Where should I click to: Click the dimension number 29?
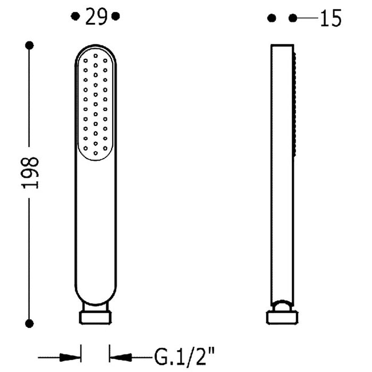[96, 16]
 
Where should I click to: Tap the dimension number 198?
[30, 173]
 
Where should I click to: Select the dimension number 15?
[331, 18]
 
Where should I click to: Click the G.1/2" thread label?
[184, 357]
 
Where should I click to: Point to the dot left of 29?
[75, 16]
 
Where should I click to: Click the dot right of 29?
[115, 16]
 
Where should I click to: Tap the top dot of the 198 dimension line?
[29, 45]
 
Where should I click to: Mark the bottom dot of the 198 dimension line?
[29, 323]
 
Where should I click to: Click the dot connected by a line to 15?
[293, 18]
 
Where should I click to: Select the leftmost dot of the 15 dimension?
[272, 18]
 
